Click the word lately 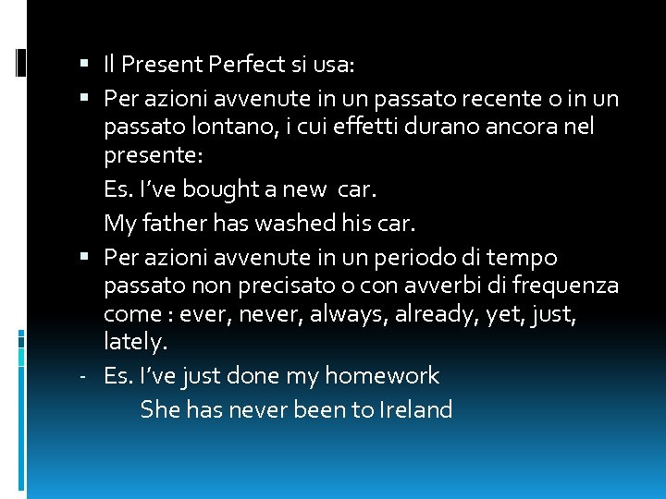pyautogui.click(x=135, y=344)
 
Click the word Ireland pyautogui.click(x=415, y=409)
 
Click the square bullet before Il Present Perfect pyautogui.click(x=85, y=65)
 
